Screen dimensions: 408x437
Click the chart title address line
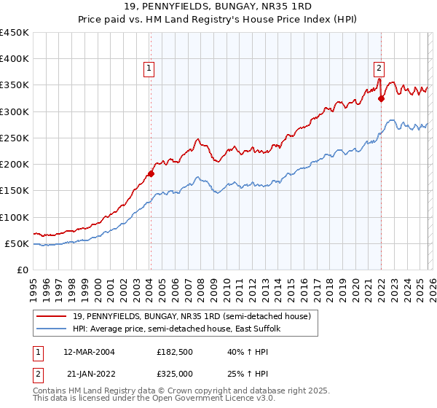[219, 7]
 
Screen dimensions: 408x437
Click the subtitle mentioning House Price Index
[219, 20]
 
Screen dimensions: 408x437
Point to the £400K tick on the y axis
[15, 59]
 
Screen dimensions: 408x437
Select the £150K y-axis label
[15, 191]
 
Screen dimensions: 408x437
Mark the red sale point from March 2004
[151, 173]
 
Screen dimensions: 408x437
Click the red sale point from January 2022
[381, 98]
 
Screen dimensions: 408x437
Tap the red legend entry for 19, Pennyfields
[192, 316]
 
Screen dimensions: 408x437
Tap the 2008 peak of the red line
[197, 138]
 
